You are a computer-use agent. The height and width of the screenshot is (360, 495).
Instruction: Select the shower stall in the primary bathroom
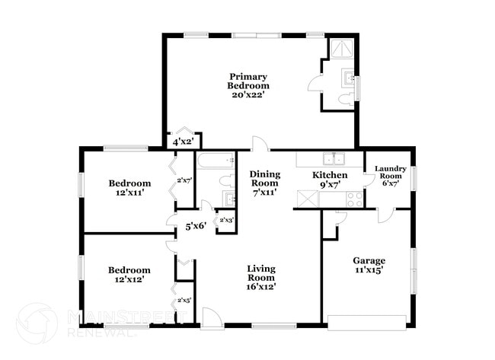[x=340, y=49]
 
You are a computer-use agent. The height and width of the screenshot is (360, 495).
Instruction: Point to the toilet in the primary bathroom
[x=344, y=97]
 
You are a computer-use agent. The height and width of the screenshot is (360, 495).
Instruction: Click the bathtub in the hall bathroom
[x=216, y=161]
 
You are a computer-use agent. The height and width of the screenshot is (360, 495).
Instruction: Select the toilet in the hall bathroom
[x=226, y=181]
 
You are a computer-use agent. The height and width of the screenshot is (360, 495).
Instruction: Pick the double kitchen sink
[x=332, y=159]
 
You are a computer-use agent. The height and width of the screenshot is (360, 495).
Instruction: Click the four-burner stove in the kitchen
[x=354, y=199]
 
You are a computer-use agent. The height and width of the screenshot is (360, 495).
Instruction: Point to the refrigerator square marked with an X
[x=307, y=199]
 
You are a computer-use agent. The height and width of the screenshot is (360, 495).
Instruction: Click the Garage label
[x=368, y=260]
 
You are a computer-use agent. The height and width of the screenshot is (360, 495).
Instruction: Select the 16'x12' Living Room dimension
[x=260, y=287]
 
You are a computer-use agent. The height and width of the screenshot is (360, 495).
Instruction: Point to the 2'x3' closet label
[x=226, y=221]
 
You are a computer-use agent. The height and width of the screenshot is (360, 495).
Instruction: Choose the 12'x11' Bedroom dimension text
[x=129, y=193]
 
